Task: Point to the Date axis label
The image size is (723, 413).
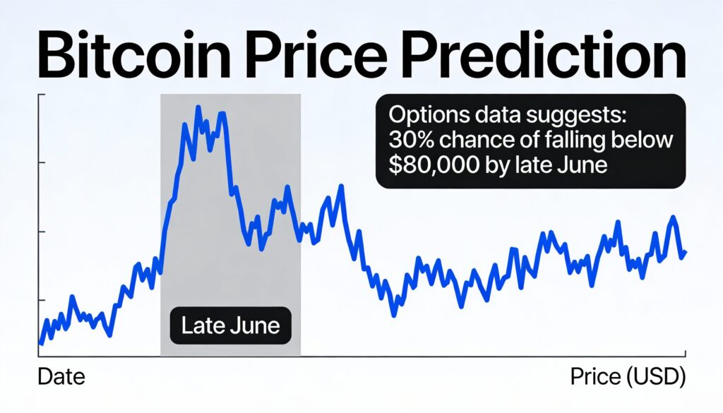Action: tap(61, 377)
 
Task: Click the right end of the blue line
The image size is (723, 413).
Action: tap(686, 253)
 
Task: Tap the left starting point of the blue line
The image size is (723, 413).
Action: tap(40, 344)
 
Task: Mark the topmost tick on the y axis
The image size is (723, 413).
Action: tap(41, 93)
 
